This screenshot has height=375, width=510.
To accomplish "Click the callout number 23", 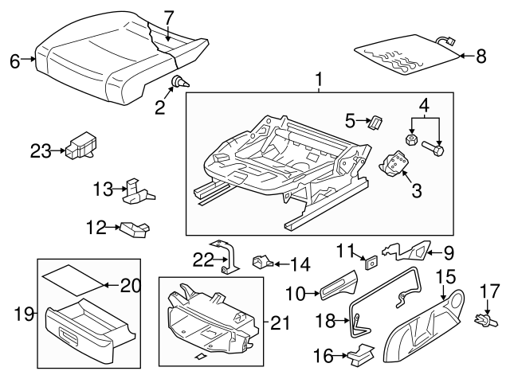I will coord(41,149).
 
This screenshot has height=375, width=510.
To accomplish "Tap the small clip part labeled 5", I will coord(375,121).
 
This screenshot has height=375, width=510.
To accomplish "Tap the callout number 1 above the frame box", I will coord(320,80).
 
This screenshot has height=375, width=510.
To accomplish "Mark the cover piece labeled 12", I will coord(134,230).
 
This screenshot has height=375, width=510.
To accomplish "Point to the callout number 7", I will coord(168,15).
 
